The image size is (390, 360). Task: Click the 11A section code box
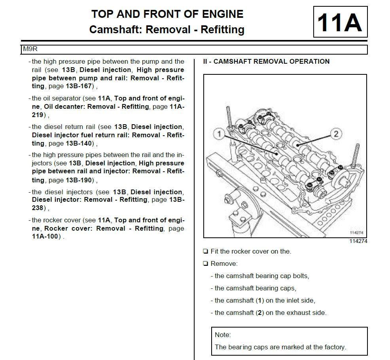coord(340,22)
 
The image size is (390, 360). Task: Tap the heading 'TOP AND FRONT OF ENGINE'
coord(167,14)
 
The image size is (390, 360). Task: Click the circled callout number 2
coord(336,133)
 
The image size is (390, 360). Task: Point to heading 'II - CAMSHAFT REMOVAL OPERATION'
coord(266,61)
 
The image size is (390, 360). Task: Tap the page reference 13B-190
coord(81,180)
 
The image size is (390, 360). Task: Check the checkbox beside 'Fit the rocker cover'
coord(205,252)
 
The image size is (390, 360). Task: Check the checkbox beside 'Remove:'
coord(205,264)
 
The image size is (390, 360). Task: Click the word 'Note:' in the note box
coord(223,335)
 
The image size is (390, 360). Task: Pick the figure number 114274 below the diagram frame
coord(358,241)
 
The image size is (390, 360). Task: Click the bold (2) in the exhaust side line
coord(260,313)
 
